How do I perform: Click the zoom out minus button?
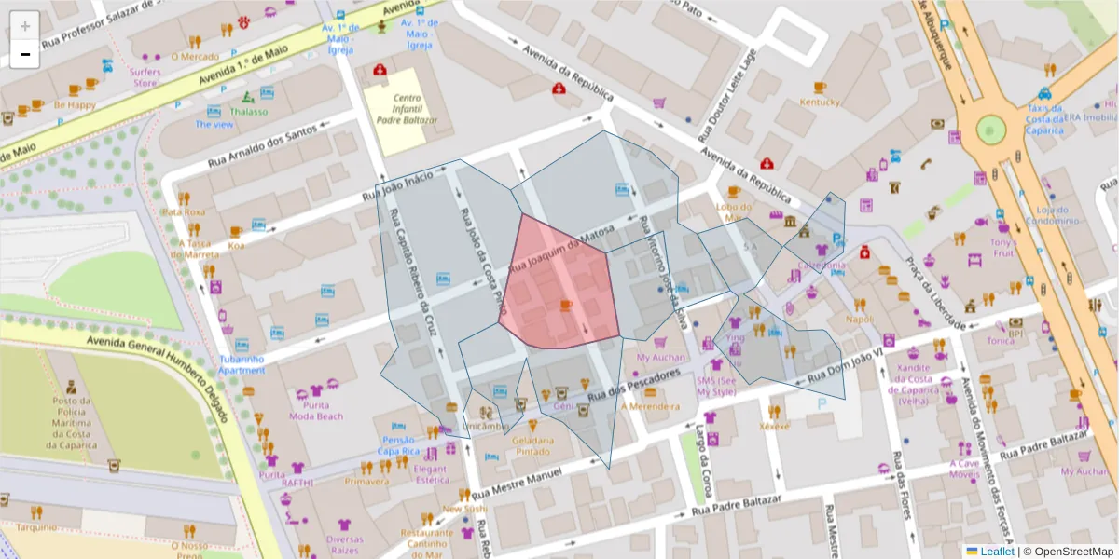point(25,54)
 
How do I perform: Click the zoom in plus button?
point(25,26)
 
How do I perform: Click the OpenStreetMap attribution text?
point(1072,552)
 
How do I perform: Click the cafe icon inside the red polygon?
point(565,306)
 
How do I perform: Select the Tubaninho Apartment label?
point(242,364)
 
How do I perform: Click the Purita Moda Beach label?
point(315,411)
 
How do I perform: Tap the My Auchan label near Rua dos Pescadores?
point(660,357)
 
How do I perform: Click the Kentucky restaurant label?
point(820,102)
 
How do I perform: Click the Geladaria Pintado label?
point(532,445)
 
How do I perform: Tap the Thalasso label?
point(249,111)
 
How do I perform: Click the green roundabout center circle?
point(991,128)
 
